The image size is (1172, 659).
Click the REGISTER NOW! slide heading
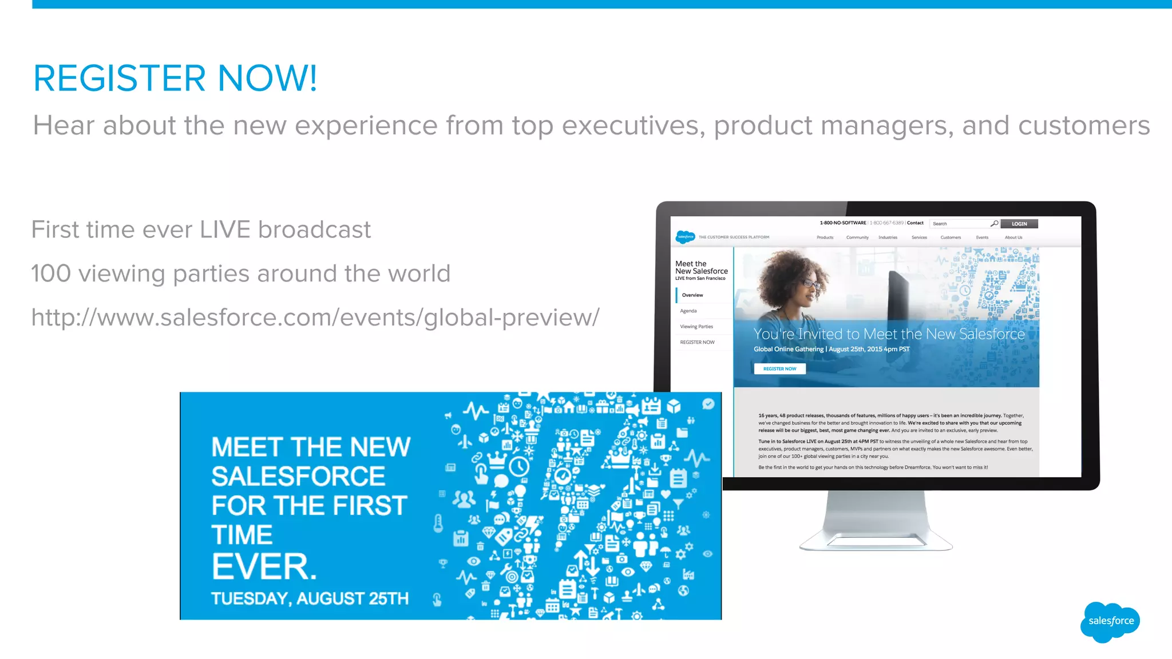[x=175, y=78]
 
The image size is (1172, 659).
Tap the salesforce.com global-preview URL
[x=315, y=317]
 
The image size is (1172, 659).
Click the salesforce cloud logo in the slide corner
[x=1110, y=621]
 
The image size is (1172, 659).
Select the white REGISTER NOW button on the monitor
[x=779, y=369]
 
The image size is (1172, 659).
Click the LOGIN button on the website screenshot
[x=1019, y=224]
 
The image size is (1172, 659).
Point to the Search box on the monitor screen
[x=961, y=224]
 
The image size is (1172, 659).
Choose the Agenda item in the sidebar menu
[x=688, y=311]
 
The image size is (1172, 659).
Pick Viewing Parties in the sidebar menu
[x=696, y=327]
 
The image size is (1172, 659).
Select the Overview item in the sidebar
[x=692, y=295]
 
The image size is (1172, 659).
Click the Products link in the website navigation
[x=825, y=237]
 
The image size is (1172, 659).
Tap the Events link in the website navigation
[x=982, y=237]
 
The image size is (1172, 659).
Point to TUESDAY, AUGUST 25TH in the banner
[x=310, y=598]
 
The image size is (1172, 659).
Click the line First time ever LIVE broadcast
[x=201, y=230]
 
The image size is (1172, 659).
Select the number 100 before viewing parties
[x=51, y=273]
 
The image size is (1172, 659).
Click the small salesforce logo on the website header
[x=685, y=237]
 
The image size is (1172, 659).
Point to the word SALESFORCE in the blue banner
[x=298, y=477]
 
